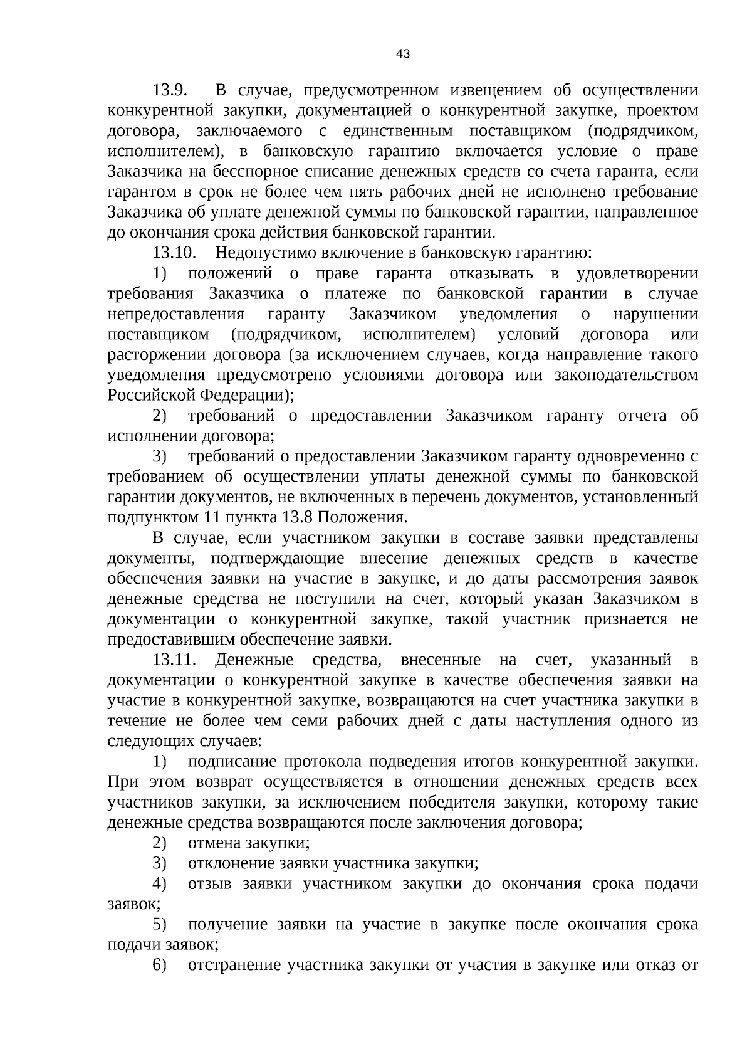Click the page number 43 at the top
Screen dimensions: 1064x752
pos(403,55)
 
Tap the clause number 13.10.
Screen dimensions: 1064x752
pos(175,253)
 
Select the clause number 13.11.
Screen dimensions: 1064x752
pos(175,660)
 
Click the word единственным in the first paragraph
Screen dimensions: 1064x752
pos(397,131)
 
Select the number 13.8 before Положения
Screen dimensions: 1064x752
pos(293,518)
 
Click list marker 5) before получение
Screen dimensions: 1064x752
pos(160,925)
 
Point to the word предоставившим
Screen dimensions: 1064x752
pos(162,640)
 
